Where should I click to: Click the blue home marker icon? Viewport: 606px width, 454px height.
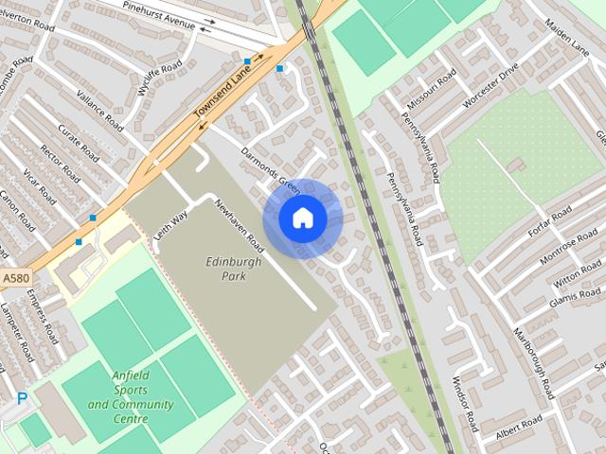303,218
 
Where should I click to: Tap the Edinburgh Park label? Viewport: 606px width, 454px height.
225,268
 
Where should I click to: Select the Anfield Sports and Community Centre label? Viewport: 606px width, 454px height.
131,396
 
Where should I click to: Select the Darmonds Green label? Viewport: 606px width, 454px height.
269,167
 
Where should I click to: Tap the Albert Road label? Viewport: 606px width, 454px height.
519,427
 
